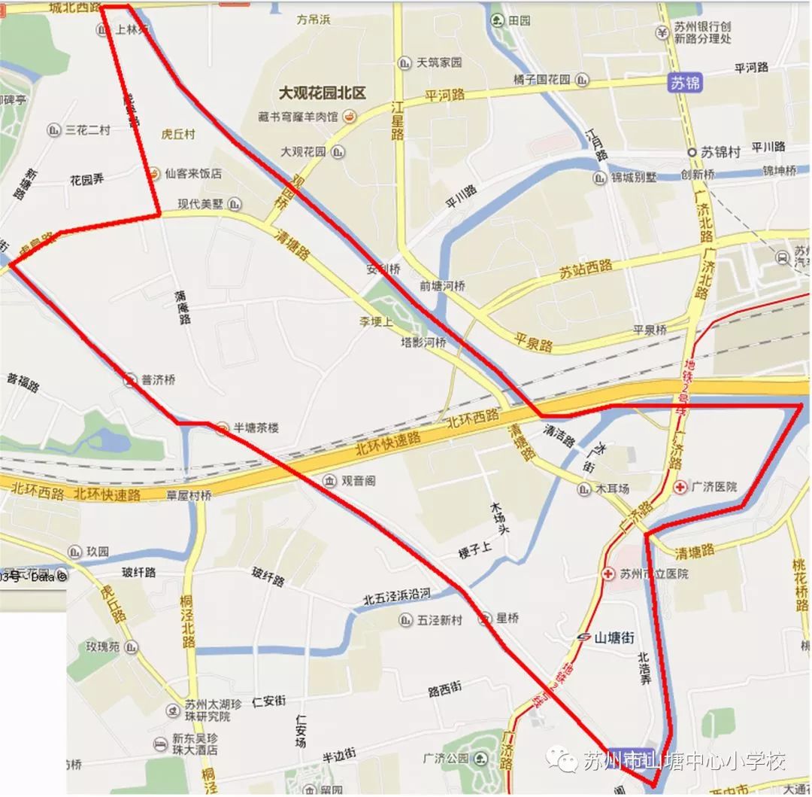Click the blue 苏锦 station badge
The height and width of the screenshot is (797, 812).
685,83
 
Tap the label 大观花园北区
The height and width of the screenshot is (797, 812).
322,93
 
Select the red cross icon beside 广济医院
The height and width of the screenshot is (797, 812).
680,486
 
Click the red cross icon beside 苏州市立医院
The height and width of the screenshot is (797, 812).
608,574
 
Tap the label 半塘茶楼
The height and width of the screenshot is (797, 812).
256,428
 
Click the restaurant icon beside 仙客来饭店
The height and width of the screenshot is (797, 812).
153,173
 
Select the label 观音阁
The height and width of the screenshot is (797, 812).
359,480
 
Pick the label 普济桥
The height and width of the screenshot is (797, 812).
158,380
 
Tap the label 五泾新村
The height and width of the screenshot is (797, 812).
441,619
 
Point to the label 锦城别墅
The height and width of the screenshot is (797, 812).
633,178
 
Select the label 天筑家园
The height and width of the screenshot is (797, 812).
439,62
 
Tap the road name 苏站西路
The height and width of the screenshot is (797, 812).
586,269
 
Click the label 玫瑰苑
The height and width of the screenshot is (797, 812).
102,646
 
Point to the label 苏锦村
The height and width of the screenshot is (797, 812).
720,152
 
